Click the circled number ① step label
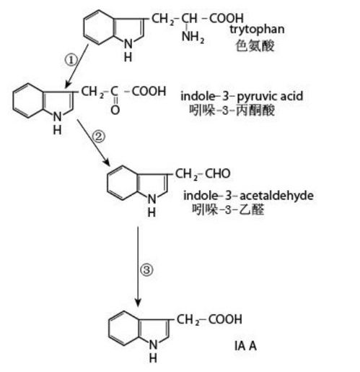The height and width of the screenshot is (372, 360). click(71, 60)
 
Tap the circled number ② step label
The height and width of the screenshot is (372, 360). click(99, 137)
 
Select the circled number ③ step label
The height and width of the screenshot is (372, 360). click(146, 269)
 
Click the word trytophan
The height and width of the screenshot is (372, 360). click(257, 30)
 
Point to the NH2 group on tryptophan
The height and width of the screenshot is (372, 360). click(193, 38)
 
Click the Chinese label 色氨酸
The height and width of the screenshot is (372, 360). click(255, 46)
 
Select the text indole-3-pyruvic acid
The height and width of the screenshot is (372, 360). click(242, 96)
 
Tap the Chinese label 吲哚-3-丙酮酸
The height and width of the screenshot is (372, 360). click(232, 111)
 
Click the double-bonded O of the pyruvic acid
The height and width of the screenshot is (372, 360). click(115, 110)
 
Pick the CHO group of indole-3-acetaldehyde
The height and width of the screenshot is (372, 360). click(218, 173)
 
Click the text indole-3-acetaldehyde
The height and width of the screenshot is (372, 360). click(248, 196)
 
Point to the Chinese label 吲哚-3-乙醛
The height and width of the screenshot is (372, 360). click(228, 209)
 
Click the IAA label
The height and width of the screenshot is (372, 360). click(245, 346)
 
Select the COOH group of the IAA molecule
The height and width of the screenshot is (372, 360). click(225, 319)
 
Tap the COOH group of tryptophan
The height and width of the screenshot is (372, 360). click(227, 18)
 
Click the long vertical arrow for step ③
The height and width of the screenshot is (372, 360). click(138, 267)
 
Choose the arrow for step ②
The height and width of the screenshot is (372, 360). click(93, 142)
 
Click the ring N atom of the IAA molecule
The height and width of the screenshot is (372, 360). click(153, 345)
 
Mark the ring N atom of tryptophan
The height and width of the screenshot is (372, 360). click(128, 44)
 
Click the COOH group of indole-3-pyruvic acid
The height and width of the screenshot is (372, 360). click(149, 91)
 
